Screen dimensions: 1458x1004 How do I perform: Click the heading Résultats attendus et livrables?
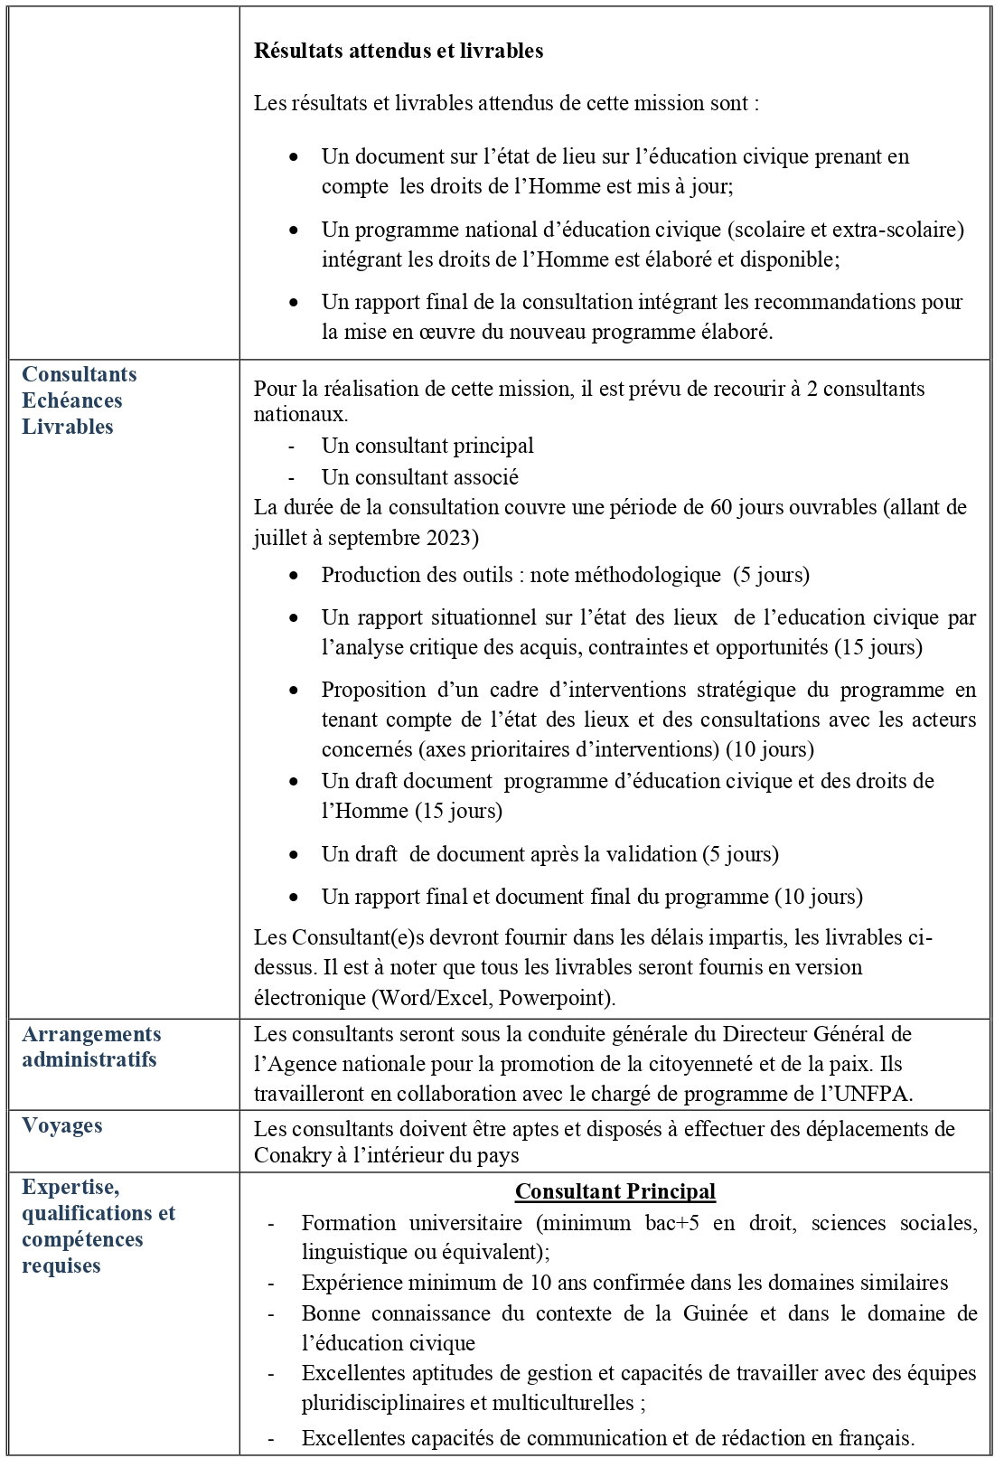399,51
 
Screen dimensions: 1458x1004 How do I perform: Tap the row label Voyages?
62,1125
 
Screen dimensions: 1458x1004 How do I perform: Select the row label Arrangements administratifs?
91,1047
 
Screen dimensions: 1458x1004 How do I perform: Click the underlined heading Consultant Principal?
615,1191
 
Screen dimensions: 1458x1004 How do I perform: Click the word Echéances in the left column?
71,400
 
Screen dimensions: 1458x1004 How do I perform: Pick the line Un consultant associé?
419,476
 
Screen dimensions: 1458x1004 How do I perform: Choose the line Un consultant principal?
427,446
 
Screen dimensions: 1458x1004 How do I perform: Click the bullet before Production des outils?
294,575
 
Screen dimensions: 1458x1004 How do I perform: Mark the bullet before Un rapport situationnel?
294,617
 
